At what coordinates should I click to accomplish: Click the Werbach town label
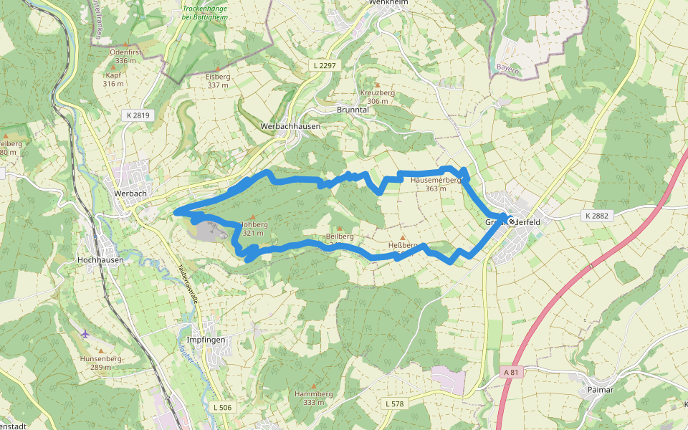point(130,193)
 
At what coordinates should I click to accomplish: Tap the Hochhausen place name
point(100,260)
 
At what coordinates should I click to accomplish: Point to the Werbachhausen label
point(290,125)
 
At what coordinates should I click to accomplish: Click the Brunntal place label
point(352,110)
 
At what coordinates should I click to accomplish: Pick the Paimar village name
point(600,389)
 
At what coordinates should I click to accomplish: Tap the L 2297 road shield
point(325,65)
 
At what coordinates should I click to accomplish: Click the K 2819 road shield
point(136,115)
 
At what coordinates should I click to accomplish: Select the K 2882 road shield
point(596,216)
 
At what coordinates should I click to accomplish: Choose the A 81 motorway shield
point(511,373)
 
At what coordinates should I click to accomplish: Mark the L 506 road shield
point(223,407)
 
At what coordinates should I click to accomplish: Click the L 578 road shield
point(394,404)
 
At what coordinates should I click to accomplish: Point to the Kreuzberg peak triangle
point(378,85)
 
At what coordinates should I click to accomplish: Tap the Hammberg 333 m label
point(314,398)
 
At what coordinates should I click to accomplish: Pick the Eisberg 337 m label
point(218,80)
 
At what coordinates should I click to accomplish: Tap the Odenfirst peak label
point(125,57)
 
